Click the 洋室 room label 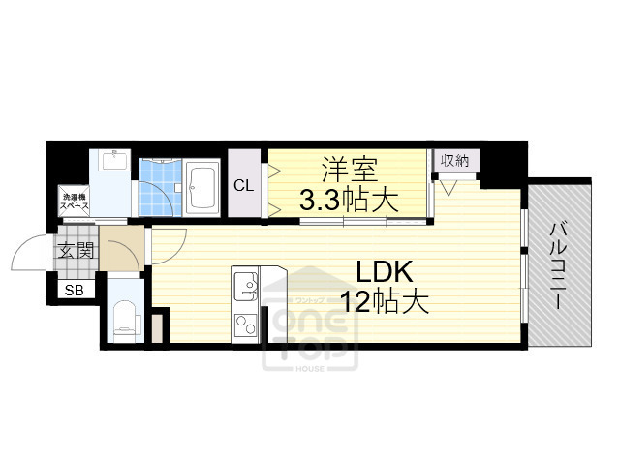347,169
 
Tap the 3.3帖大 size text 347,201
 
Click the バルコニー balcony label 559,264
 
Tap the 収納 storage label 455,161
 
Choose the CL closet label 245,185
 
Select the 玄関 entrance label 77,253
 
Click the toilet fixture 124,319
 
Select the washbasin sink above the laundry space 112,160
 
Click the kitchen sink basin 244,286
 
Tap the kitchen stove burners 244,325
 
